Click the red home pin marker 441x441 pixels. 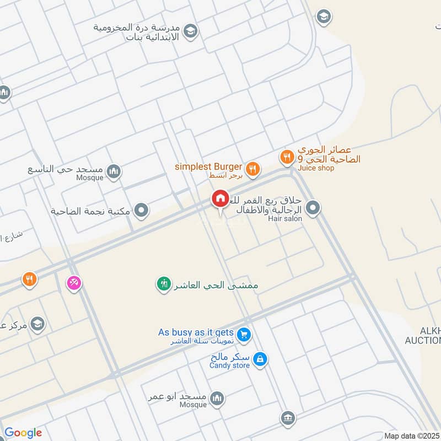(x=220, y=198)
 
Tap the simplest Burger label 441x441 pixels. (x=208, y=166)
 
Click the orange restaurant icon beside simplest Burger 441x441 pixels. (x=252, y=169)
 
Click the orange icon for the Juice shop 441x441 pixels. (x=286, y=158)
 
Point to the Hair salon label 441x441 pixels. (x=285, y=219)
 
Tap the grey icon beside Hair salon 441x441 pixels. (x=313, y=208)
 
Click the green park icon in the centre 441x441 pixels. (x=164, y=284)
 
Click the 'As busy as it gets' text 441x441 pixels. (x=196, y=332)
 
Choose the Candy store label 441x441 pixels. (x=230, y=365)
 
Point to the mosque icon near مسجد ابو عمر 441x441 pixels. (x=218, y=399)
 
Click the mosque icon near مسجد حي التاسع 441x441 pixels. (x=114, y=172)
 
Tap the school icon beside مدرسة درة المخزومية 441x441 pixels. (x=191, y=31)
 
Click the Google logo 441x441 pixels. (x=23, y=433)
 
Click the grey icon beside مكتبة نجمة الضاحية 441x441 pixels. (x=142, y=210)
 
